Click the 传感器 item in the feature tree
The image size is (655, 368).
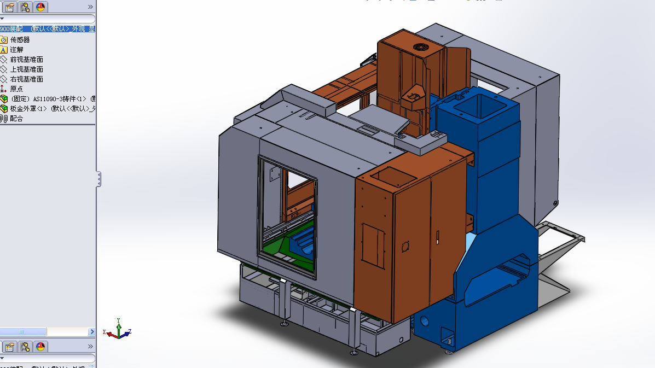click(20, 39)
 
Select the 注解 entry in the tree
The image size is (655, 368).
click(16, 49)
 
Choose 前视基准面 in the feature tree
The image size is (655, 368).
click(26, 59)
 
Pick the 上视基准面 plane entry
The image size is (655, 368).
click(26, 69)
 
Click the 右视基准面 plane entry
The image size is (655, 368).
click(26, 79)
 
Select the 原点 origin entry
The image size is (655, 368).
click(16, 89)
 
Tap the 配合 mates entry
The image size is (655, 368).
click(16, 118)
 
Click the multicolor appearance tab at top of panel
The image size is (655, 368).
click(40, 7)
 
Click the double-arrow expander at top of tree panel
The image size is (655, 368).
click(90, 7)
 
